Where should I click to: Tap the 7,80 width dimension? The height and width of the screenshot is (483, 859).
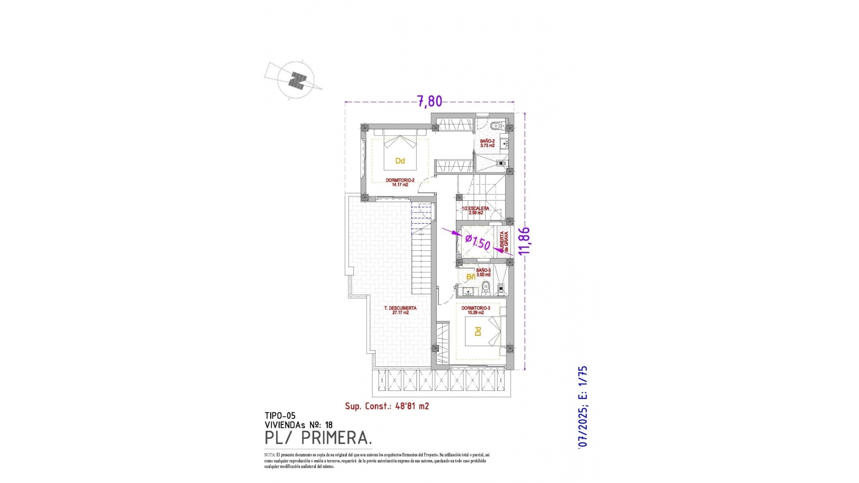[x=429, y=102]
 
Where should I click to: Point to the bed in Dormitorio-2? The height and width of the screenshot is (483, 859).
[x=400, y=154]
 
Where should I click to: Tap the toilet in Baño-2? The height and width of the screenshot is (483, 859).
[x=495, y=125]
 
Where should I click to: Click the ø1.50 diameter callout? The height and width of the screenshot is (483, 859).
[x=477, y=242]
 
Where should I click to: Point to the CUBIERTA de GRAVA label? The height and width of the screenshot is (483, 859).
[x=504, y=241]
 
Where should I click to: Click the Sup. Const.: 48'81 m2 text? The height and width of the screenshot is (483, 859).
[x=387, y=406]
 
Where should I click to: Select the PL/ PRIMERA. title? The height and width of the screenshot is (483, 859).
[x=318, y=438]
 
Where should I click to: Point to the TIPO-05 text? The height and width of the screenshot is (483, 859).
[x=280, y=416]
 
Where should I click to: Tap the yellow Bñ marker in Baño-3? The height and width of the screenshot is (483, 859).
[x=471, y=277]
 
